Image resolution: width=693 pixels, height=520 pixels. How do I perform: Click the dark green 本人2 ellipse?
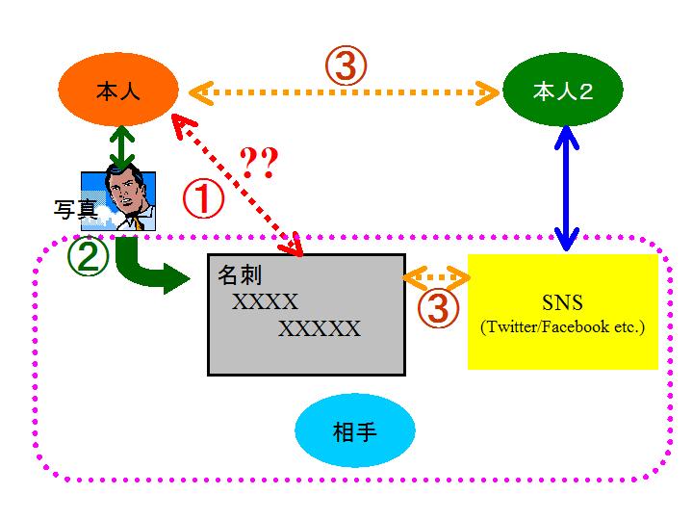tap(563, 92)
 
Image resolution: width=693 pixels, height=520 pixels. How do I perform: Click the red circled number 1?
tap(203, 200)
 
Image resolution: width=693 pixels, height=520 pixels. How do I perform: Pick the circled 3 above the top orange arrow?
tap(347, 65)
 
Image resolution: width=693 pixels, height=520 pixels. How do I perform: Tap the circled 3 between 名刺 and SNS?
tap(436, 307)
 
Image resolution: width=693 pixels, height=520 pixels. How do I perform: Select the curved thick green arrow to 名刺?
tap(144, 271)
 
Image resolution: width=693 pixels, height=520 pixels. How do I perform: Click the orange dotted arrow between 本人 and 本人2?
tap(346, 93)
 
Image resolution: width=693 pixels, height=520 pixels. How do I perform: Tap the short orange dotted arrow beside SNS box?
tap(436, 278)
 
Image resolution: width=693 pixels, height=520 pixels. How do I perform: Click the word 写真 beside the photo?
tap(75, 210)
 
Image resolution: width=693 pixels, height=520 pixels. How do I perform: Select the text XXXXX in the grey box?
tap(320, 329)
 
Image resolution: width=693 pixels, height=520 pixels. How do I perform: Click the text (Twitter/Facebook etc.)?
tap(563, 327)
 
